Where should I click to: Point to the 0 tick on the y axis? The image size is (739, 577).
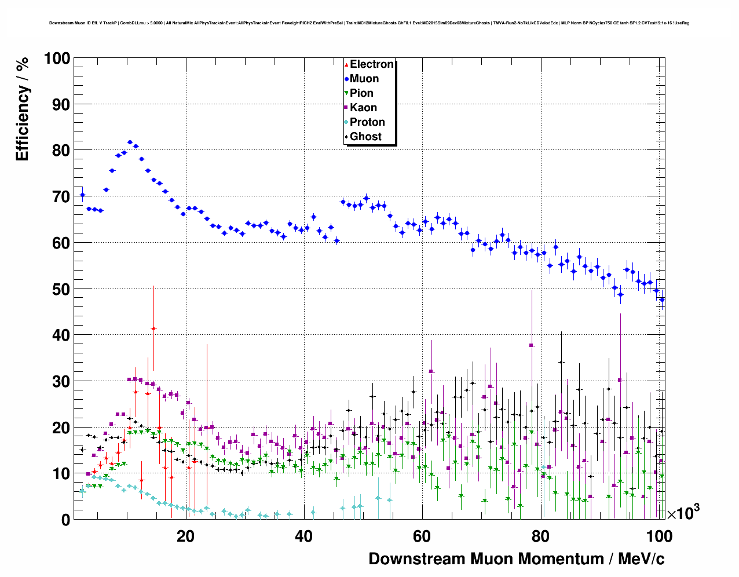pos(66,520)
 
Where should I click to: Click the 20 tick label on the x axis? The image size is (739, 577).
pos(185,536)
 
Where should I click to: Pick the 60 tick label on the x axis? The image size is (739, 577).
pos(422,536)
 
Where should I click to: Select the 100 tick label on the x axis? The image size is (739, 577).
pos(659,536)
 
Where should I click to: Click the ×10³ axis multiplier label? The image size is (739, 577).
pos(683,513)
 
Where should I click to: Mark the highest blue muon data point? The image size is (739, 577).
pos(130,142)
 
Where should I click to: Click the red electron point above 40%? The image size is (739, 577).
pos(153,328)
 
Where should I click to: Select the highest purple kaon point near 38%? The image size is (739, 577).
pos(531,345)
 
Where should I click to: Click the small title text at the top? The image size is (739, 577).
pos(369,23)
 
